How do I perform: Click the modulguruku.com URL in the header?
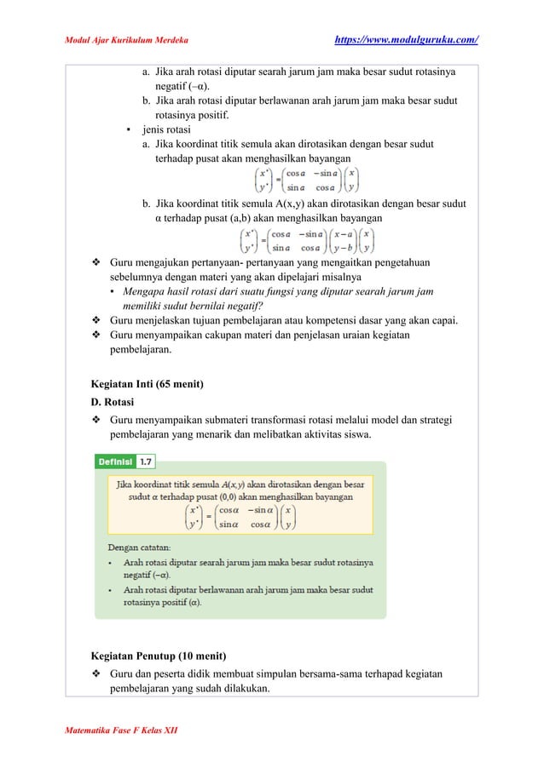406,39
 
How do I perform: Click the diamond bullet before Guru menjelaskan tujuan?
96,321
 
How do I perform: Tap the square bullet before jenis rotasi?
127,130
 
